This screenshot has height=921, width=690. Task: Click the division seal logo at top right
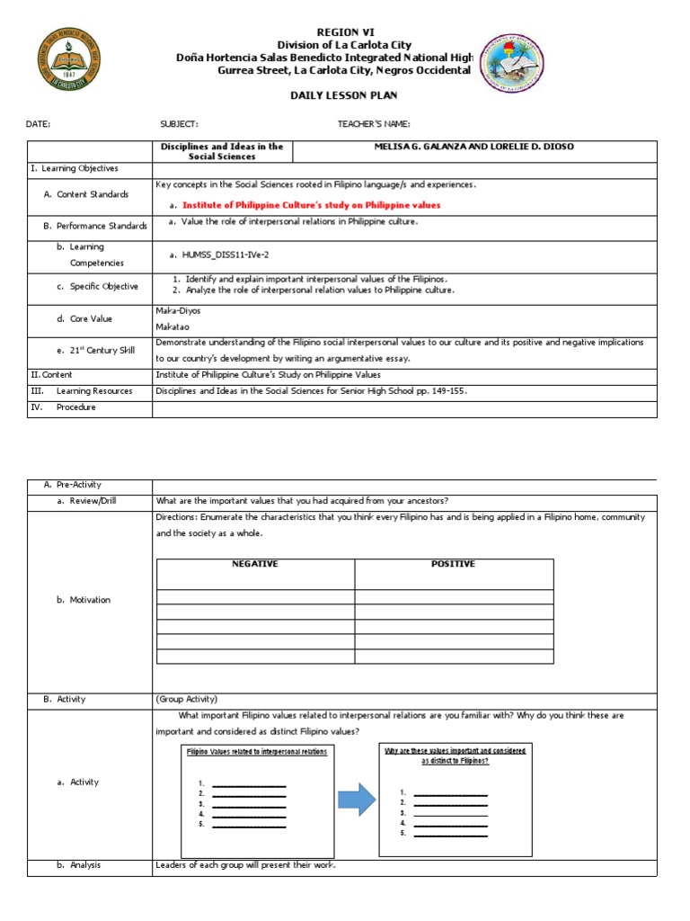(517, 66)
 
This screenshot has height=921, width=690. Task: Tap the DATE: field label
(39, 124)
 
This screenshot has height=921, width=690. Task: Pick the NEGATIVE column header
(255, 564)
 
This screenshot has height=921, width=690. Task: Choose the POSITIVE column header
(453, 564)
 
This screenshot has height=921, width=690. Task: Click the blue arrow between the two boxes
(357, 799)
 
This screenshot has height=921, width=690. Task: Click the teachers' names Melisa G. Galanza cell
(473, 147)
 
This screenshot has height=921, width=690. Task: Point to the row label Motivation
(90, 600)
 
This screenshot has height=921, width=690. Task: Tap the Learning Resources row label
(93, 391)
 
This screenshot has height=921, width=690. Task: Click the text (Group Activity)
(187, 699)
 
